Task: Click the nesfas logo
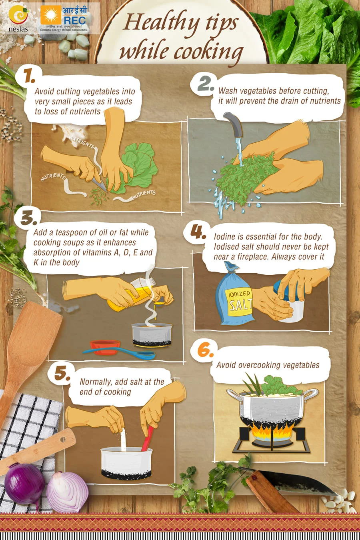18,19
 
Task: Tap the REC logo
64,18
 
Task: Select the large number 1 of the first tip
30,75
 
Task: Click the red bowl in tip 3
105,347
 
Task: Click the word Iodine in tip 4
224,236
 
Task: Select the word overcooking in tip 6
260,365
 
